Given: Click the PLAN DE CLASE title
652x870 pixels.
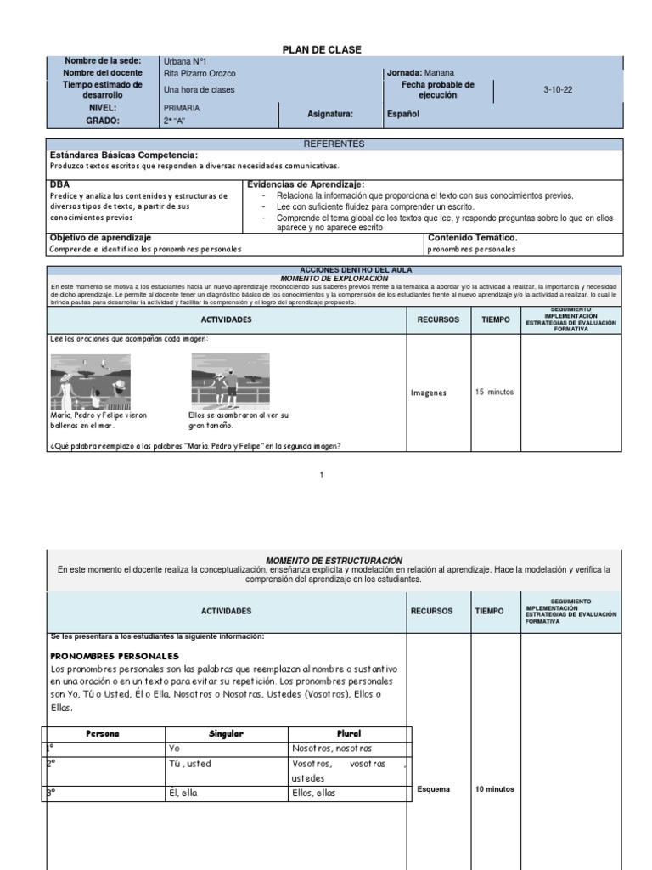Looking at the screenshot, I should coord(322,50).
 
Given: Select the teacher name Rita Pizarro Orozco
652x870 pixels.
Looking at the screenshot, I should coord(200,74).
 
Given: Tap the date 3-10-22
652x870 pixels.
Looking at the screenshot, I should coord(558,90).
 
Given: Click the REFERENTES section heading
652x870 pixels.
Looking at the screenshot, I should coord(334,144).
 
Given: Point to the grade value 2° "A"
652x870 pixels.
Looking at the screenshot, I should coord(177,121).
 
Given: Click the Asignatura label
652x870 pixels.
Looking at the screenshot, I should coord(330,114).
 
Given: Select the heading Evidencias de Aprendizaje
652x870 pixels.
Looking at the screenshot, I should coord(306,184).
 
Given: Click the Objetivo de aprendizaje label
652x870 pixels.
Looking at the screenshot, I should coord(100,238).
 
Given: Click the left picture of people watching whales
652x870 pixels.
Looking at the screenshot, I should coord(90,381).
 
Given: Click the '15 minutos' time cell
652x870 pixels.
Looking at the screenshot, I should coord(494,393).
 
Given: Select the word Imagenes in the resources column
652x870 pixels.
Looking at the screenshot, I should coord(429,393).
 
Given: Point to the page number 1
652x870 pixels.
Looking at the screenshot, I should coord(322,475).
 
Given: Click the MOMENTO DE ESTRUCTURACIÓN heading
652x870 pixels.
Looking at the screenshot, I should coord(334,561).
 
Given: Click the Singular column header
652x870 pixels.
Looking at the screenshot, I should coord(227,733).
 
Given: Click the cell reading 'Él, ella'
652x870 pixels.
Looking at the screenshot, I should coord(184,794).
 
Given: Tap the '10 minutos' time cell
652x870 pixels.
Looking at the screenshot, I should coord(494,789).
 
